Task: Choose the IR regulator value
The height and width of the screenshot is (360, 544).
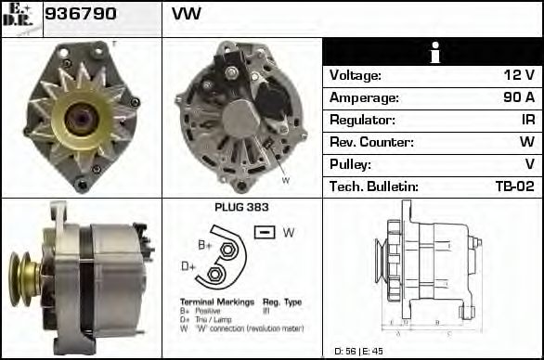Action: (x=526, y=120)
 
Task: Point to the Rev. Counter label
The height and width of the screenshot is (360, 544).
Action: (x=371, y=142)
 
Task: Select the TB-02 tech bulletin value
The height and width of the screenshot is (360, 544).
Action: (x=514, y=186)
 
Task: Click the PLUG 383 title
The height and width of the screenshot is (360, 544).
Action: (x=241, y=208)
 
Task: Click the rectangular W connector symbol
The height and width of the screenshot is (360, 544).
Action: (x=265, y=232)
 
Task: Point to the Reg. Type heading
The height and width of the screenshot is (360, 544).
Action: (x=282, y=302)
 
